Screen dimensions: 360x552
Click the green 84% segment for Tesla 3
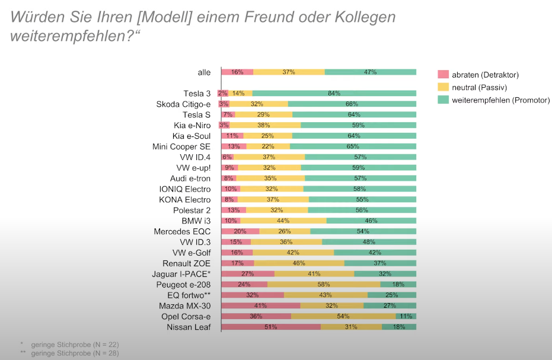[x=334, y=93]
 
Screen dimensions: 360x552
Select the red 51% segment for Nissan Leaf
[x=270, y=327]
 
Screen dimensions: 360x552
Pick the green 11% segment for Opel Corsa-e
[x=406, y=316]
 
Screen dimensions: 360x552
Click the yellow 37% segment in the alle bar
[x=289, y=72]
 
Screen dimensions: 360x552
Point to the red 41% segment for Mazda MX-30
[x=260, y=305]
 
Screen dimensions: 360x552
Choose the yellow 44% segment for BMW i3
[x=283, y=220]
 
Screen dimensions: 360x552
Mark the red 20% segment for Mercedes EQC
[x=240, y=231]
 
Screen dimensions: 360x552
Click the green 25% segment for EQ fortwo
[x=391, y=295]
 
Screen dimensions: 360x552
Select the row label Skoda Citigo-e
[x=183, y=104]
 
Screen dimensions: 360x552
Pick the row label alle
[x=204, y=72]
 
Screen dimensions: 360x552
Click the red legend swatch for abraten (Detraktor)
[x=443, y=75]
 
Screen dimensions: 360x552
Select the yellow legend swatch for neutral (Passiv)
[x=443, y=87]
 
